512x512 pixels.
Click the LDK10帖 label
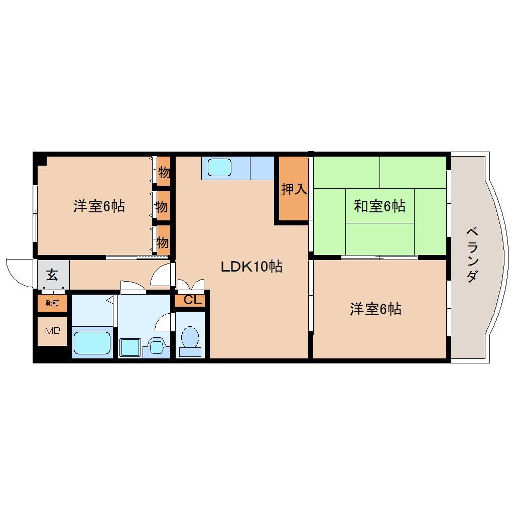pyautogui.click(x=251, y=266)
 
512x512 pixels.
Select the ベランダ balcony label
pyautogui.click(x=471, y=254)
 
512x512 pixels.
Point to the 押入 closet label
pyautogui.click(x=293, y=189)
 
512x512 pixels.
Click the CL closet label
pyautogui.click(x=192, y=300)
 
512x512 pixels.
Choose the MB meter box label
pyautogui.click(x=53, y=331)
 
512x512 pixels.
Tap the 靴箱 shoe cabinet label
pyautogui.click(x=52, y=303)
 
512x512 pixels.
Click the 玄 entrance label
pyautogui.click(x=52, y=275)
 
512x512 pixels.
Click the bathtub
pyautogui.click(x=92, y=343)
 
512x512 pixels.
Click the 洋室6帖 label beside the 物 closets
pyautogui.click(x=99, y=206)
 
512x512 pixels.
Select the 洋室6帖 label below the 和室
pyautogui.click(x=375, y=309)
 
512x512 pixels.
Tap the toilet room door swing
pyautogui.click(x=164, y=322)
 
